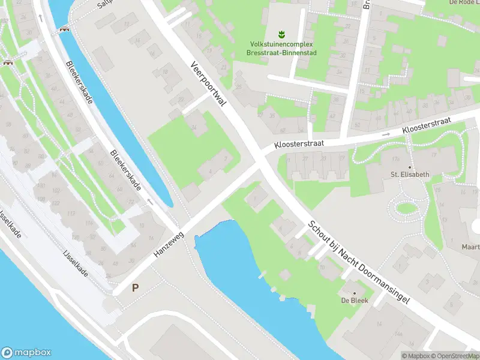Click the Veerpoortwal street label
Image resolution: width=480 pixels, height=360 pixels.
[x=208, y=84]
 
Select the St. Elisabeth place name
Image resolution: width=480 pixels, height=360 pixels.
[x=410, y=175]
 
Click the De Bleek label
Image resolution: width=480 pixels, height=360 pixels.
[x=355, y=300]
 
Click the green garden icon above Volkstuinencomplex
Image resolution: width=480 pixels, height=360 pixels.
[x=280, y=34]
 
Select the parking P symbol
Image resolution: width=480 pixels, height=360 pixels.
[x=136, y=287]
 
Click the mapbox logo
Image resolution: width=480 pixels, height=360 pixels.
[x=26, y=353]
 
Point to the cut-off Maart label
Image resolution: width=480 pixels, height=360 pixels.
[x=470, y=247]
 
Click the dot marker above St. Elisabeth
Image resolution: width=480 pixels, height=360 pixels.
[x=410, y=167]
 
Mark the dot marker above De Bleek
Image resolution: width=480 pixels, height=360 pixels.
[x=355, y=293]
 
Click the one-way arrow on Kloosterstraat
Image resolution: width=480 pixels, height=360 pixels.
[x=386, y=134]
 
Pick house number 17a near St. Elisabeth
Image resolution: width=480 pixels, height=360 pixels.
[x=395, y=159]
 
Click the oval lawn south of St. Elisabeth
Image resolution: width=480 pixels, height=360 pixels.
[x=406, y=208]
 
